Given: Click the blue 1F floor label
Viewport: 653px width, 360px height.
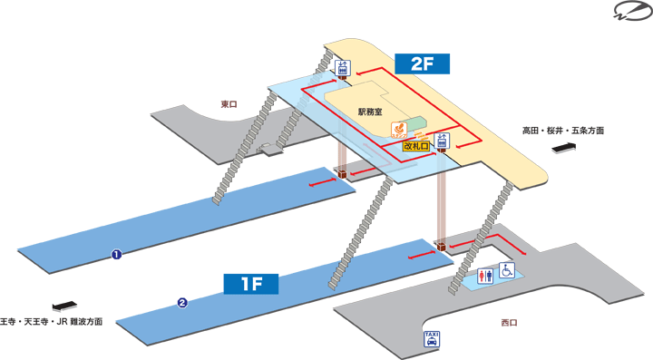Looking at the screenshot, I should pos(250,283).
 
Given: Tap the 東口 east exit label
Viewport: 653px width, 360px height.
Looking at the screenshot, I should pos(229,103).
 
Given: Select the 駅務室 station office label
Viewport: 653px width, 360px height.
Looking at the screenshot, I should pos(371,112).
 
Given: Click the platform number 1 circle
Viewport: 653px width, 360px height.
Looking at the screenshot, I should pos(116,255).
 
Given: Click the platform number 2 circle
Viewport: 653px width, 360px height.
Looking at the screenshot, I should pos(182,303).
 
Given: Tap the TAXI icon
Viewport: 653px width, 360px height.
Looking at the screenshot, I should pos(433,340).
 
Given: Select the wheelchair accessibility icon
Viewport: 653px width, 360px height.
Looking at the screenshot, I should pos(507,269).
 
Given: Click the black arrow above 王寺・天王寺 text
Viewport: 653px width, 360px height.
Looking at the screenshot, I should pos(63,306).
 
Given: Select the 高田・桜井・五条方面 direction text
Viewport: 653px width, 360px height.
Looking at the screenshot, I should pos(562,131).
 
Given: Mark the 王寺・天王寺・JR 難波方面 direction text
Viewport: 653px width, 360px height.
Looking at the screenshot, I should pos(51,321).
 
